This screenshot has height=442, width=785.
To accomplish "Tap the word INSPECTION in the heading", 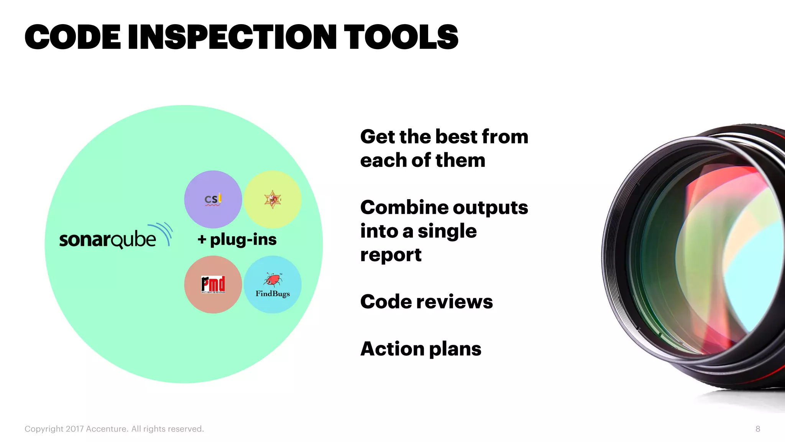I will tap(232, 37).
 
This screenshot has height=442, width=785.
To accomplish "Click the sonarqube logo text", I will tap(107, 240).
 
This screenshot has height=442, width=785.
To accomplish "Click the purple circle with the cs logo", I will tap(213, 200).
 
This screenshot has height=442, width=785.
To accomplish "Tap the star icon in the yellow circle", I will tap(273, 200).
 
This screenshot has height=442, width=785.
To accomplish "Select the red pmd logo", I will tap(213, 284).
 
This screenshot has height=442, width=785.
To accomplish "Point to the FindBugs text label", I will tap(273, 294).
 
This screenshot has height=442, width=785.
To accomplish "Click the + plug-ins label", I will tap(237, 239).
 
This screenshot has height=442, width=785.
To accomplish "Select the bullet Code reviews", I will tap(426, 302).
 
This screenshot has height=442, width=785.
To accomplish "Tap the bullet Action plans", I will tap(420, 349).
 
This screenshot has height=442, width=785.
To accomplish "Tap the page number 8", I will tap(757, 429).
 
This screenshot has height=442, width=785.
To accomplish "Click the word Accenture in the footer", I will tap(107, 429).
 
